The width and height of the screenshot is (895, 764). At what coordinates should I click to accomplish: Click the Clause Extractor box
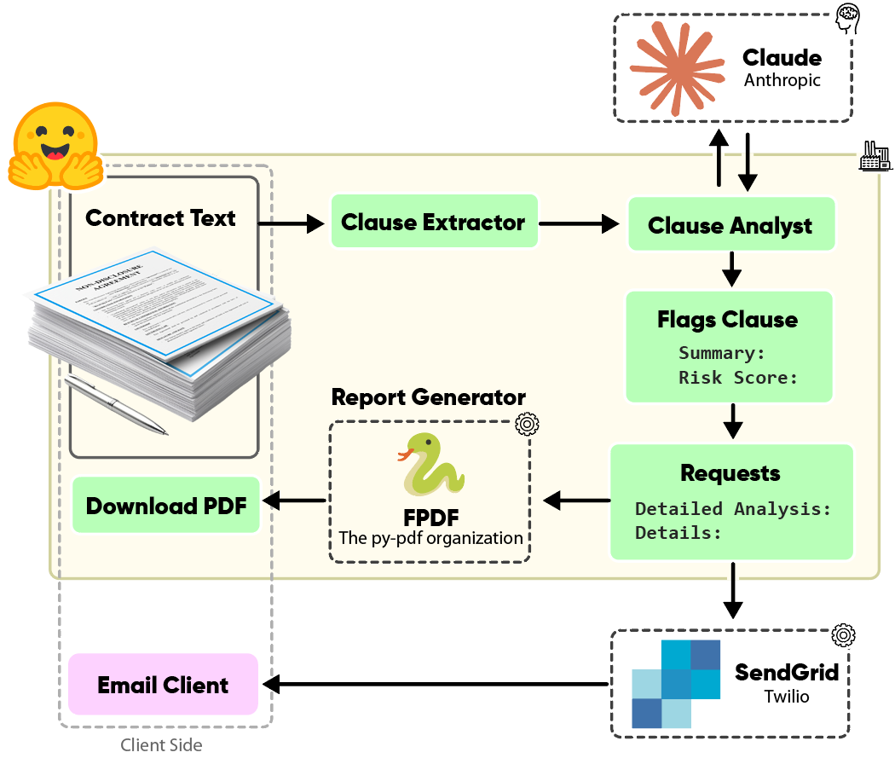pyautogui.click(x=434, y=222)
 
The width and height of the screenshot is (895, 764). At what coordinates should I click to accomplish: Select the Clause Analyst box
pyautogui.click(x=730, y=225)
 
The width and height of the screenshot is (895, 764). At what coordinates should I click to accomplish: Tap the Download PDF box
pyautogui.click(x=166, y=506)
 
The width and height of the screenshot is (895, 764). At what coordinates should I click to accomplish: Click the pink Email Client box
pyautogui.click(x=163, y=685)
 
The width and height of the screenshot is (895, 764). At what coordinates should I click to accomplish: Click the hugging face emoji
pyautogui.click(x=55, y=145)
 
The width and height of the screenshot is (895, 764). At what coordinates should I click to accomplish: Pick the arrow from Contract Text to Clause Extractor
pyautogui.click(x=292, y=224)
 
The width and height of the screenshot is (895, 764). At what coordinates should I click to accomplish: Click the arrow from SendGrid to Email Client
pyautogui.click(x=438, y=684)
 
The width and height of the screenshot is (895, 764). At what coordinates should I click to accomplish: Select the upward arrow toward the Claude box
pyautogui.click(x=719, y=158)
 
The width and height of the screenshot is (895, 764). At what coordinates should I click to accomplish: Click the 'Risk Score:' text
pyautogui.click(x=738, y=377)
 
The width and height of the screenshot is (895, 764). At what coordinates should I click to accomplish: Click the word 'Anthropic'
pyautogui.click(x=782, y=80)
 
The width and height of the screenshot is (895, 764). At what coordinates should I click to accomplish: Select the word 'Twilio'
pyautogui.click(x=786, y=696)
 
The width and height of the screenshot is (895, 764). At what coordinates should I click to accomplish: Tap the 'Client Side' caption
pyautogui.click(x=161, y=744)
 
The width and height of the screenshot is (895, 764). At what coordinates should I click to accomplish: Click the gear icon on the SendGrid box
pyautogui.click(x=843, y=634)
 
